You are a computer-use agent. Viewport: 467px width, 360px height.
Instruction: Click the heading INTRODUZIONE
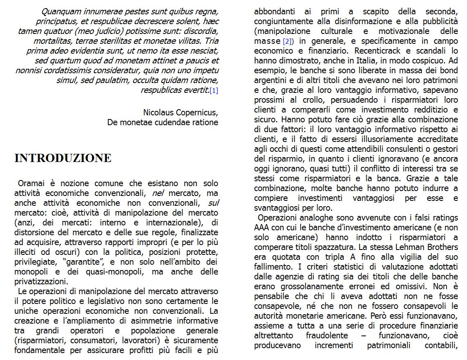[x=63, y=158]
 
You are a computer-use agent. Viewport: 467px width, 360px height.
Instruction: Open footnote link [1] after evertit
[x=214, y=90]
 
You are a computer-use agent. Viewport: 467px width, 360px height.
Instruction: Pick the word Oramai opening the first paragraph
[x=31, y=183]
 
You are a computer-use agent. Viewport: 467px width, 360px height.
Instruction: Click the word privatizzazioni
[x=41, y=281]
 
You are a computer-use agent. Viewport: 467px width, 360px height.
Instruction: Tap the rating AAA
[x=262, y=227]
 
